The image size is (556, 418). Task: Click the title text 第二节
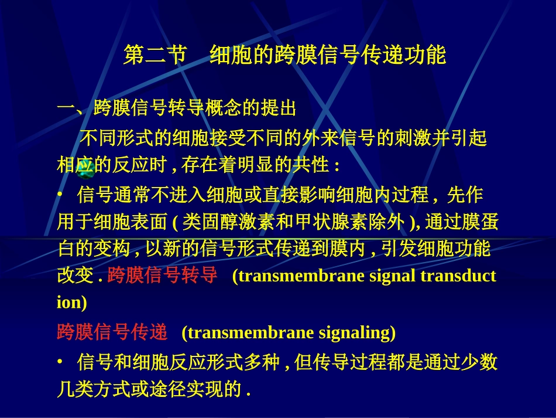pos(155,55)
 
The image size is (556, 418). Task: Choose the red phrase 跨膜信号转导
pos(163,276)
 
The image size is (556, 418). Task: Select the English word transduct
pos(458,276)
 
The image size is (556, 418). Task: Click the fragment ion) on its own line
pos(71,303)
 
